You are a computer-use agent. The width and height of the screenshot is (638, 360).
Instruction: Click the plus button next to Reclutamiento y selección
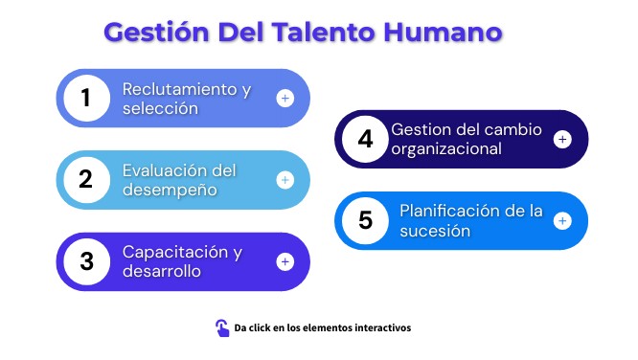285,98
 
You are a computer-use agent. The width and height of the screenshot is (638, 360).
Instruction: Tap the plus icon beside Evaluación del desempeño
285,180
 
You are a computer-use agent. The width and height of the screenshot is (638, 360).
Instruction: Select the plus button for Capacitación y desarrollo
285,261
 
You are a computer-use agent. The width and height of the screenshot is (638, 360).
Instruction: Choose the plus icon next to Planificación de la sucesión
562,221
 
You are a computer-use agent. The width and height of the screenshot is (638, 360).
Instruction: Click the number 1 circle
86,98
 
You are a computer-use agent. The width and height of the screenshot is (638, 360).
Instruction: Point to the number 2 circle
86,180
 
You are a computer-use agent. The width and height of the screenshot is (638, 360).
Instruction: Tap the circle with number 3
86,261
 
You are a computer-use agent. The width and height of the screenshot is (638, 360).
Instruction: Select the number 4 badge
365,139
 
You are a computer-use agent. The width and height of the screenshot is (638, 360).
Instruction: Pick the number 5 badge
365,221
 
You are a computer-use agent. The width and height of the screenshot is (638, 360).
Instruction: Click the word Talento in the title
324,33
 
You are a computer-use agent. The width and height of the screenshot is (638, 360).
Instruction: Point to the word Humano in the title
443,33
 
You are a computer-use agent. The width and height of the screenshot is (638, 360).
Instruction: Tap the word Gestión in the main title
157,33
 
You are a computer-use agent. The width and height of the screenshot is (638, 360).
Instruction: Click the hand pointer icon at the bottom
222,327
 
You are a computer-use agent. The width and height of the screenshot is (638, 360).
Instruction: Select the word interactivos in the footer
383,327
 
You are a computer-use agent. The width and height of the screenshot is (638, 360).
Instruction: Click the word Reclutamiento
179,89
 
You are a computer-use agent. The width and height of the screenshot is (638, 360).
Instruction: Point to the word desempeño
170,190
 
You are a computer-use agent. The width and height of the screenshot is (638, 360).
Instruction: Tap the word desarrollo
162,271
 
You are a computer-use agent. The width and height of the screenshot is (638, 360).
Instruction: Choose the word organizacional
446,148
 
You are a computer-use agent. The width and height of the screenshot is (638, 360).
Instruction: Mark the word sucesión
435,231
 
